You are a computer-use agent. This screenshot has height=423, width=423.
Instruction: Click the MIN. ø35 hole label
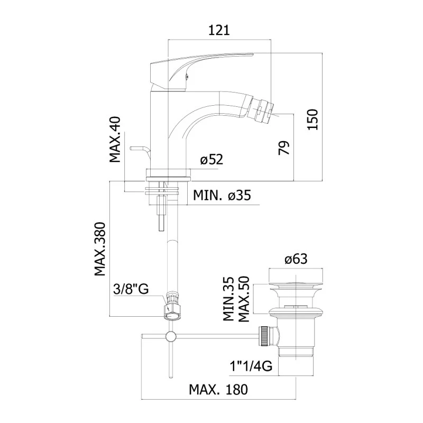pos(221,196)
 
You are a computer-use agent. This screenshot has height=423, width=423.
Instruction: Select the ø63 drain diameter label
pos(296,259)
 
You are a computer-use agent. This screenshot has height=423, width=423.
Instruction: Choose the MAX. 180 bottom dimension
pos(218,390)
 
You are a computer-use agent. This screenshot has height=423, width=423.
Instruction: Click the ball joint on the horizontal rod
pos(171,336)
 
